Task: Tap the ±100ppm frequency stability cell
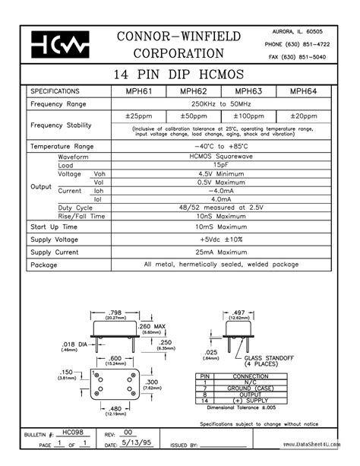248,116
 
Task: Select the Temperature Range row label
62,145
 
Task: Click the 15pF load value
220,164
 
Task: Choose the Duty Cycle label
75,207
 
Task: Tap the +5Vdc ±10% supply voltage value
220,239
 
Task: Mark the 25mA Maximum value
220,252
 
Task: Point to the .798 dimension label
115,312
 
